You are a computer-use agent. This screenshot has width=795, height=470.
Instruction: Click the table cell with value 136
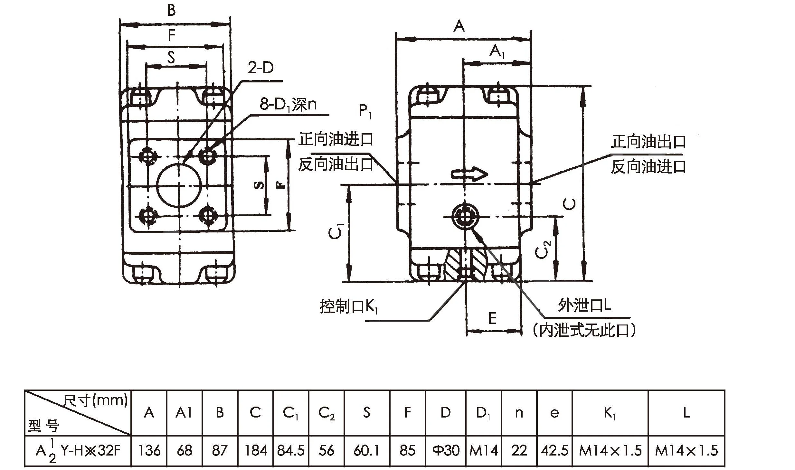tap(149, 450)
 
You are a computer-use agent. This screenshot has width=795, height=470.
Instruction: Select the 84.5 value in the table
tap(290, 450)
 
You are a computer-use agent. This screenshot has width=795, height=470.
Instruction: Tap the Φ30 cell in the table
tap(446, 450)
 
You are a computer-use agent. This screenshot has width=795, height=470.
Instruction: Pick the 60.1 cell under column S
tap(366, 450)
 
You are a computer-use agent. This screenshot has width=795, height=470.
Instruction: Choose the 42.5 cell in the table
tap(554, 450)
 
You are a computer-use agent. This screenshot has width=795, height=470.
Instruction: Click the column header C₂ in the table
tap(326, 413)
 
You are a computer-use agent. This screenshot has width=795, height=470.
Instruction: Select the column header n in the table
tap(519, 413)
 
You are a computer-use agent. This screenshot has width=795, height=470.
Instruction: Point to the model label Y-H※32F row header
tap(78, 451)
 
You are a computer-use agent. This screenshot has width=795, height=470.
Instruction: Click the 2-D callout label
tap(260, 68)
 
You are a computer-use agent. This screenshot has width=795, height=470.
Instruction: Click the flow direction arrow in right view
tap(469, 174)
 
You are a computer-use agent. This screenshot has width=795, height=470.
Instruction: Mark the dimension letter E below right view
tap(492, 318)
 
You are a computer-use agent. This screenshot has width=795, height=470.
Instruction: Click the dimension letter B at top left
tap(171, 11)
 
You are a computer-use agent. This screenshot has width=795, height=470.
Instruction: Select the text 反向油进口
tap(648, 167)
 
